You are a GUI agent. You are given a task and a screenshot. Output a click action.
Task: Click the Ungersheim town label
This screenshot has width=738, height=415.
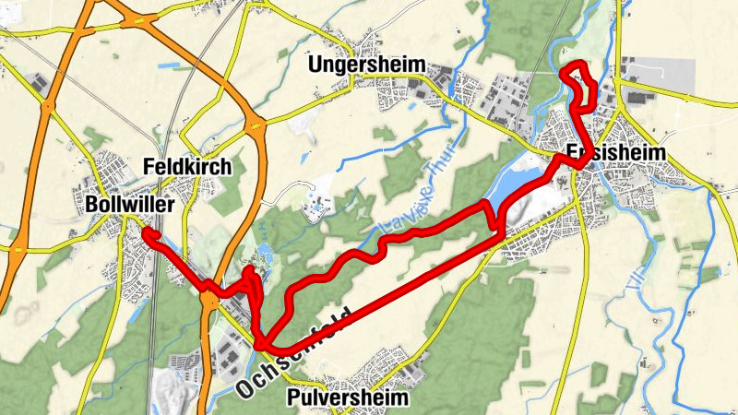pyautogui.click(x=367, y=65)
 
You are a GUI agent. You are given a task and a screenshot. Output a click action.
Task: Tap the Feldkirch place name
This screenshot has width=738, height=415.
pyautogui.click(x=187, y=167)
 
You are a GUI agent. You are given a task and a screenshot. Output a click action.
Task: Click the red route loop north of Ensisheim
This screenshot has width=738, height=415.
pyautogui.click(x=580, y=84)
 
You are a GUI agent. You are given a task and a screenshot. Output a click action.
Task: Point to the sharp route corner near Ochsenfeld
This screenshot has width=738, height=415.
pyautogui.click(x=262, y=345)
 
